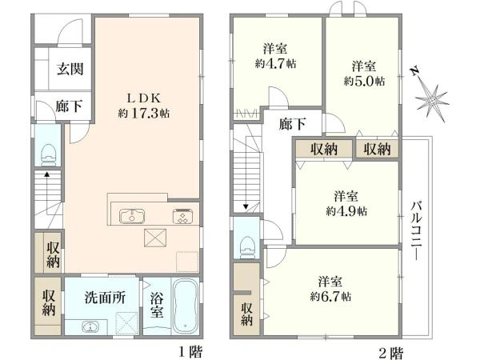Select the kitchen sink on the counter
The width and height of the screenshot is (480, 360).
(x=130, y=214)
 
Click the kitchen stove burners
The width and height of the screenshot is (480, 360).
(x=182, y=214)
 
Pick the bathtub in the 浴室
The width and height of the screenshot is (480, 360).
(x=183, y=307)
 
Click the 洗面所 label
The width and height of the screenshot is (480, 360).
(x=105, y=295)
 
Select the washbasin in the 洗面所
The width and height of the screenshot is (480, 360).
(x=89, y=326)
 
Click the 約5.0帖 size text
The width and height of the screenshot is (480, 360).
(x=364, y=81)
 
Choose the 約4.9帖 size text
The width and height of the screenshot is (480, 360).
(x=346, y=211)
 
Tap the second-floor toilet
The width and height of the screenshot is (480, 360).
(x=246, y=242)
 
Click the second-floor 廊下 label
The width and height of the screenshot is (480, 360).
(x=292, y=124)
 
